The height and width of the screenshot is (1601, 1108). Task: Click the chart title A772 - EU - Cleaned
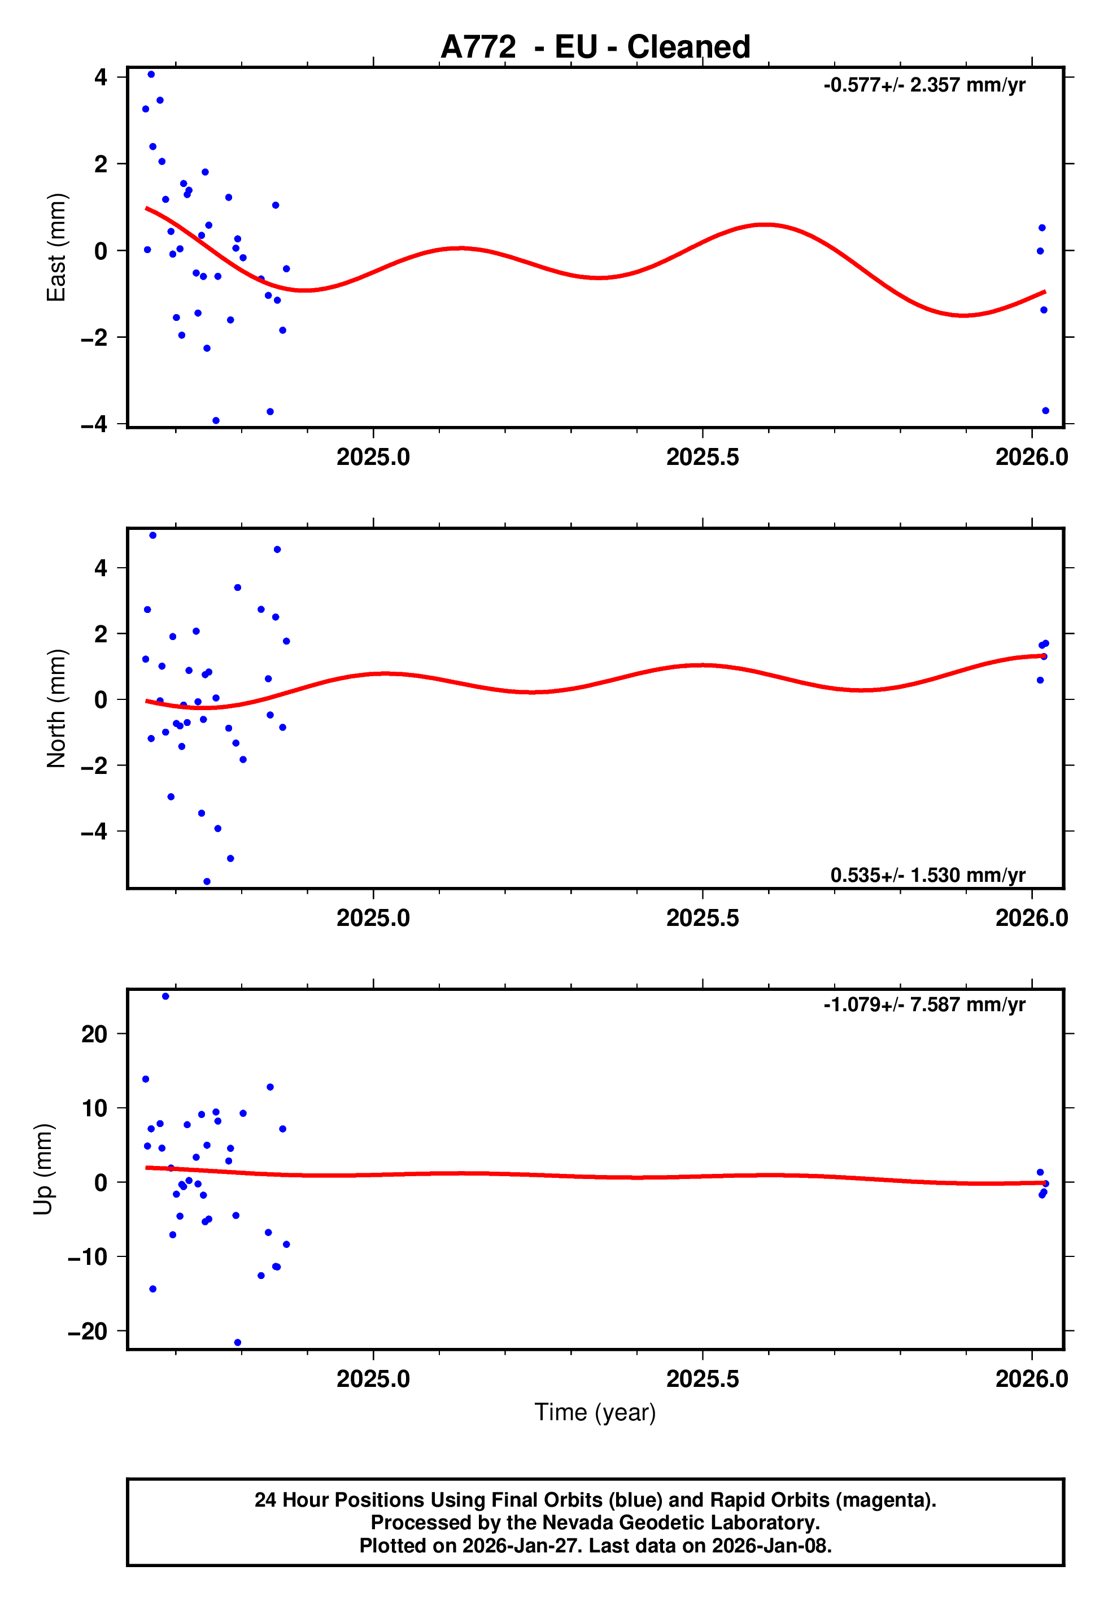click(x=595, y=47)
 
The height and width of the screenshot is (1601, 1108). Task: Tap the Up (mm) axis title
click(x=43, y=1169)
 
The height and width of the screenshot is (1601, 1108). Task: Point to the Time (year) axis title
click(x=595, y=1412)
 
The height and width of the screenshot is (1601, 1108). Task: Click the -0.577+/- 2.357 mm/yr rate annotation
click(x=924, y=85)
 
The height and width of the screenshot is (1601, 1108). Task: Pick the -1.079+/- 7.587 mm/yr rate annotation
click(x=924, y=1004)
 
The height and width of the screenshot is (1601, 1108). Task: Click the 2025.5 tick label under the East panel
click(x=703, y=457)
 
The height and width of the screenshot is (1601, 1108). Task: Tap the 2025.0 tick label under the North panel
click(x=373, y=918)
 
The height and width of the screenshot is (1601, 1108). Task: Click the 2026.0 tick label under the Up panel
click(x=1032, y=1379)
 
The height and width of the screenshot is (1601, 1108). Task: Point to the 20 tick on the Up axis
click(x=94, y=1034)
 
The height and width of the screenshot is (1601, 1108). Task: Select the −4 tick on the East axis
click(x=94, y=424)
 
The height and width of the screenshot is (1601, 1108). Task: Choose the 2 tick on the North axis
click(x=101, y=634)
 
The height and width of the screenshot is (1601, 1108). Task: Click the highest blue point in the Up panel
click(x=165, y=997)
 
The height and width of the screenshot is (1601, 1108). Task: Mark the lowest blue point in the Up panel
click(x=237, y=1343)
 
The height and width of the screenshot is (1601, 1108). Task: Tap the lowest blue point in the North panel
click(x=207, y=882)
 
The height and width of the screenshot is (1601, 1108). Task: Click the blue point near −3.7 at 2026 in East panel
click(x=1045, y=411)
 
